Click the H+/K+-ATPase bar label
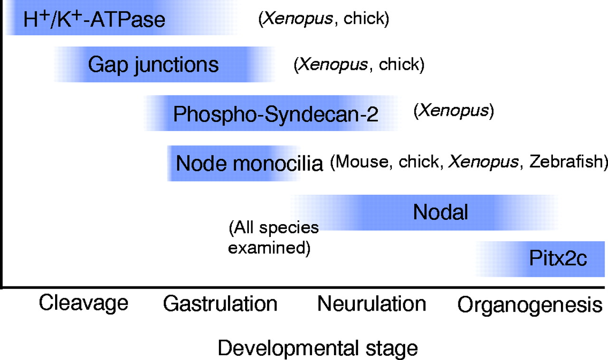pos(94,19)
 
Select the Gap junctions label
pos(153,64)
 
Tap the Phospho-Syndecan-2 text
pos(275,114)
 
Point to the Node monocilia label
pos(249,164)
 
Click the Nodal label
pos(440,212)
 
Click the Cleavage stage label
pos(84,303)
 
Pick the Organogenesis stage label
pos(530,304)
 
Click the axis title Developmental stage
pos(318,348)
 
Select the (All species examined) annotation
pos(273,237)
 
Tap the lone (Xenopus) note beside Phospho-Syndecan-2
pos(454,111)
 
